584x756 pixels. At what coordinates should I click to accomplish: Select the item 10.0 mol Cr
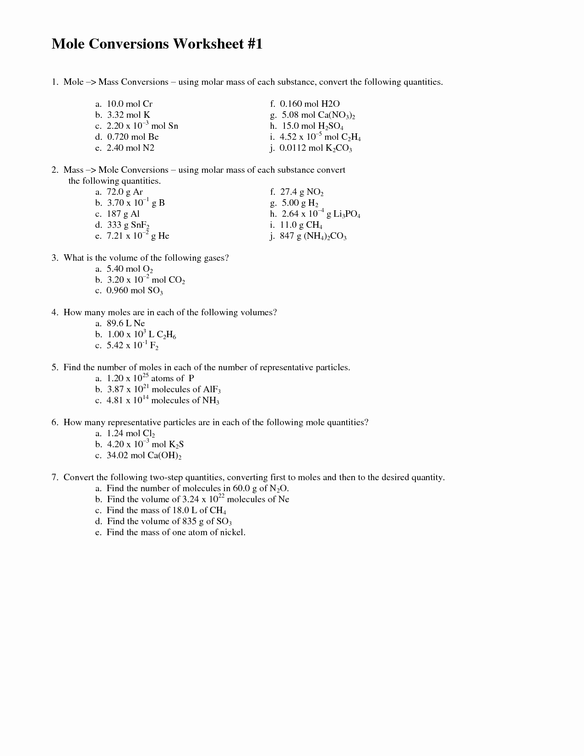[x=129, y=104]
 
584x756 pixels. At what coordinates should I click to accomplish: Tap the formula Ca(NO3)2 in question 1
[x=337, y=115]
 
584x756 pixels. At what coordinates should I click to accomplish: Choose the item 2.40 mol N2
[x=130, y=148]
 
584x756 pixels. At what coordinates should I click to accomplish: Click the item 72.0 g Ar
[x=125, y=192]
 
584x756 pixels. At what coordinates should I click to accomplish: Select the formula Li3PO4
[x=347, y=214]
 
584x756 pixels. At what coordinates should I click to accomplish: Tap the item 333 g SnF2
[x=128, y=225]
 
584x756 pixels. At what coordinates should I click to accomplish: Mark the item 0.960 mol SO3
[x=134, y=291]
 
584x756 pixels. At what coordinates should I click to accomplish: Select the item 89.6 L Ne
[x=126, y=323]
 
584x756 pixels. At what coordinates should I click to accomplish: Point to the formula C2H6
[x=166, y=335]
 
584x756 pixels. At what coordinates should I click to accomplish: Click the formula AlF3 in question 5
[x=212, y=390]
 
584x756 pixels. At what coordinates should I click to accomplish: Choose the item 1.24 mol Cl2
[x=131, y=433]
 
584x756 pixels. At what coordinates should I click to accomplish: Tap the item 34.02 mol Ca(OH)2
[x=144, y=456]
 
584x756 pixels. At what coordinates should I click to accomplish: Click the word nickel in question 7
[x=232, y=532]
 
